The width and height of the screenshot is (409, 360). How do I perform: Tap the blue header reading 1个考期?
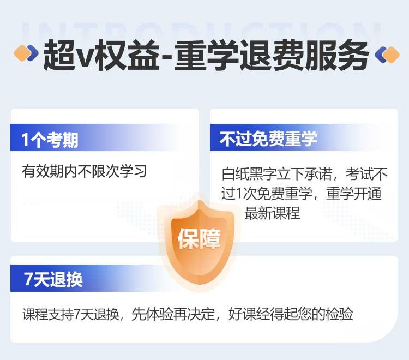(50, 140)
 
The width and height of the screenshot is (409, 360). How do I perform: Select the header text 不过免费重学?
(268, 139)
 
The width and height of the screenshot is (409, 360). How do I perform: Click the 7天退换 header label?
(53, 279)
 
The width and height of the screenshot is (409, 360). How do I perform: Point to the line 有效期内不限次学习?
(84, 171)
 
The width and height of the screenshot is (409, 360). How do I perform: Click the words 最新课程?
(272, 213)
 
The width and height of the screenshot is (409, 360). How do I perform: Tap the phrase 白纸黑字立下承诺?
(276, 174)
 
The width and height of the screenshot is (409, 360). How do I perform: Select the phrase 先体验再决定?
(173, 314)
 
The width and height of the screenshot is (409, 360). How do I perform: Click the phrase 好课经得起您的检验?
(291, 314)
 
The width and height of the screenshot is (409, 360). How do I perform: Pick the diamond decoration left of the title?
(26, 53)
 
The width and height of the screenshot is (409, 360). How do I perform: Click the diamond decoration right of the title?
(387, 54)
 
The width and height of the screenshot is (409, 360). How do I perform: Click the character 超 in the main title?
(59, 55)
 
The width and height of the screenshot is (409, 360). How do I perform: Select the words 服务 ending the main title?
(337, 55)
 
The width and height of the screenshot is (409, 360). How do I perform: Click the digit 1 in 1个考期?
(25, 140)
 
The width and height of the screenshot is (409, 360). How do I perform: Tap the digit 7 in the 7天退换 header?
(28, 279)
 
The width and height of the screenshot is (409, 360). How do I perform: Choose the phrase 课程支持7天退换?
(71, 314)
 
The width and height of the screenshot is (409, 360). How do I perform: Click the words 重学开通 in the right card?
(354, 194)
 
